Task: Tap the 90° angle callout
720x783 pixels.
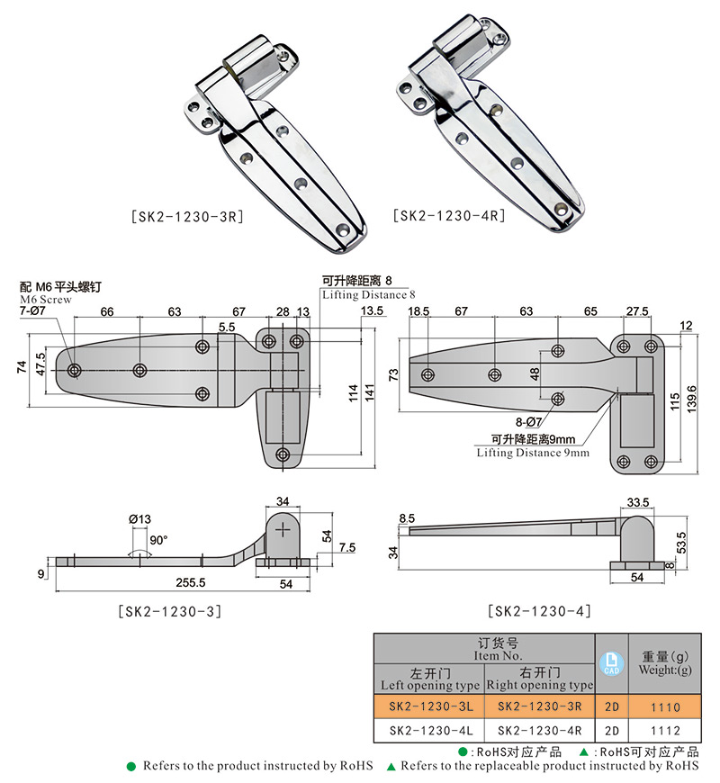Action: [159, 540]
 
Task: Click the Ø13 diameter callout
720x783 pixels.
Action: [139, 519]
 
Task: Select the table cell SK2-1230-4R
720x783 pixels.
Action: [539, 731]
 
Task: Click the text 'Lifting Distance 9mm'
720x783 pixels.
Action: [533, 453]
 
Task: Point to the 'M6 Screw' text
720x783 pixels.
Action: [40, 298]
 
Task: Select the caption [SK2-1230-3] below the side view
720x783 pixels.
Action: [170, 611]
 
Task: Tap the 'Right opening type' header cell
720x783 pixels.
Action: [539, 685]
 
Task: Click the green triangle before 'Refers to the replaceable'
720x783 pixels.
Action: [391, 766]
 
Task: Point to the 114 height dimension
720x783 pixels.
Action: [355, 391]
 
